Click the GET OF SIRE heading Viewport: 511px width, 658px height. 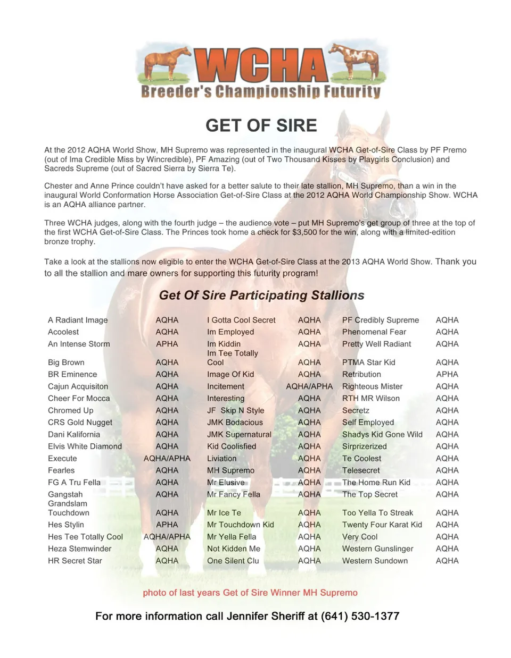(x=261, y=125)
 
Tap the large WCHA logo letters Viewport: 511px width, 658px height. (x=261, y=66)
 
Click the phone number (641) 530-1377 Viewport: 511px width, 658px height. (x=360, y=616)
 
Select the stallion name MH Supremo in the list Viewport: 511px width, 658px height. (x=230, y=470)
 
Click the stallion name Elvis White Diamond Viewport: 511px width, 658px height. (x=85, y=446)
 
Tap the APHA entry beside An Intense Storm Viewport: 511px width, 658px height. (x=167, y=344)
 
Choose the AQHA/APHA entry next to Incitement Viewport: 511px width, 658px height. (x=309, y=386)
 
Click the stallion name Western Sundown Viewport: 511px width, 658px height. (x=375, y=561)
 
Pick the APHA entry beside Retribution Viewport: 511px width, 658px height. (x=447, y=374)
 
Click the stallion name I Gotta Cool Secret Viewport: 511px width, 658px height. (x=241, y=320)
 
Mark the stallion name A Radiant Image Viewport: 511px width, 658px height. (x=78, y=320)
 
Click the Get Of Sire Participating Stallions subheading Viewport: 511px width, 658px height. (x=261, y=296)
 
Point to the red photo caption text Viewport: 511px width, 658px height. (x=250, y=593)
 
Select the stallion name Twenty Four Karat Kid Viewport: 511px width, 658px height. (x=382, y=525)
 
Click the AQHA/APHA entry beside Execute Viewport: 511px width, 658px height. (x=167, y=458)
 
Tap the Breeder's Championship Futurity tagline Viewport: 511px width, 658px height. (x=261, y=91)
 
